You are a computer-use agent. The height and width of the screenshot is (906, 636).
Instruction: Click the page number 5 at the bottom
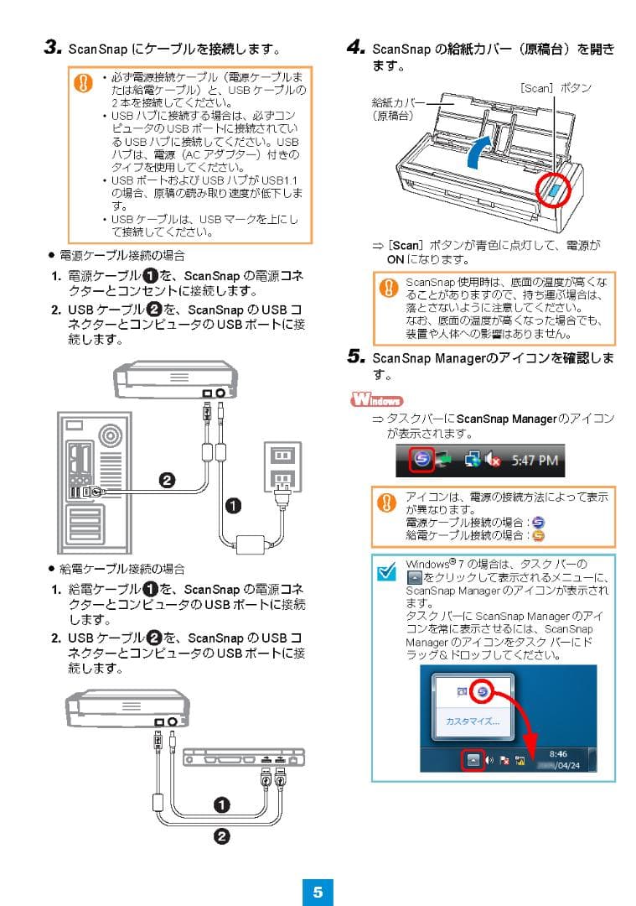pyautogui.click(x=318, y=892)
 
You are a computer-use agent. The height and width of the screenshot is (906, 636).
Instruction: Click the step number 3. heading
pyautogui.click(x=54, y=48)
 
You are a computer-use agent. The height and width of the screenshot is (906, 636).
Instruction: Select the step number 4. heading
pyautogui.click(x=355, y=48)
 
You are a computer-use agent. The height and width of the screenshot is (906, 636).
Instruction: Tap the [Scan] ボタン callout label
pyautogui.click(x=556, y=87)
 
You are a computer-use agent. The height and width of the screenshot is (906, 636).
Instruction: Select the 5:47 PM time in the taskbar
pyautogui.click(x=535, y=461)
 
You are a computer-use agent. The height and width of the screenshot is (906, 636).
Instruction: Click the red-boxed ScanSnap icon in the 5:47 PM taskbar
pyautogui.click(x=422, y=461)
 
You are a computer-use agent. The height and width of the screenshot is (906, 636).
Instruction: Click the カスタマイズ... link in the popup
pyautogui.click(x=473, y=721)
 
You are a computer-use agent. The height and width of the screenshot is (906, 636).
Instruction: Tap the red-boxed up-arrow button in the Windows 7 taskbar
pyautogui.click(x=473, y=760)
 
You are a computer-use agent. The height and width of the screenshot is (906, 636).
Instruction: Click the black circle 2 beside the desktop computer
pyautogui.click(x=167, y=480)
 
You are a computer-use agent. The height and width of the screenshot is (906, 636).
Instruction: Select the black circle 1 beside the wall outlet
pyautogui.click(x=233, y=505)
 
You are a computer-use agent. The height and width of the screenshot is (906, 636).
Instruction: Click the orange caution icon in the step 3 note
pyautogui.click(x=84, y=82)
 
